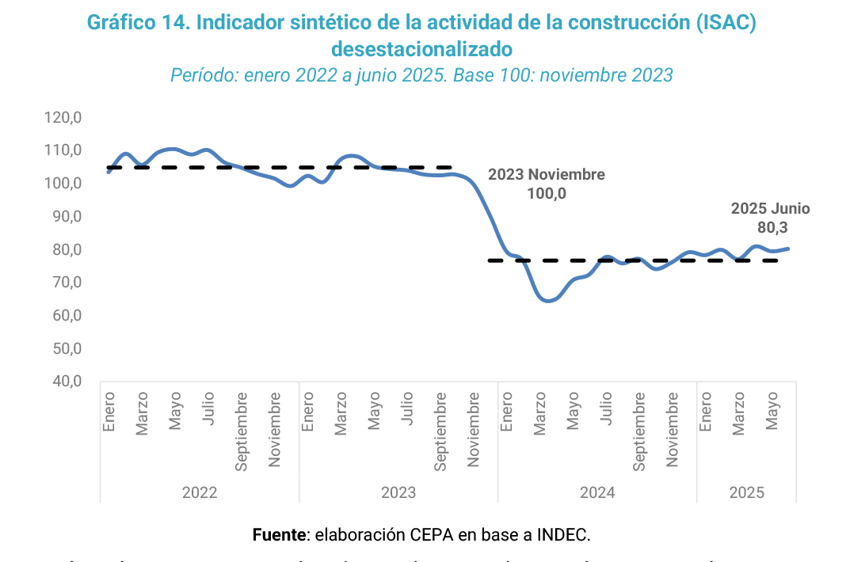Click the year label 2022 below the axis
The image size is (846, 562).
point(200,492)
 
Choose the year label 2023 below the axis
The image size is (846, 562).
point(398,492)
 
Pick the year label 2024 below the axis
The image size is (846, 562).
point(597,492)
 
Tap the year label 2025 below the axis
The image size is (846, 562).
point(746,492)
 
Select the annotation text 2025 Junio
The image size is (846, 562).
point(770,209)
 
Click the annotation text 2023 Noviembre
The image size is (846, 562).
point(546,175)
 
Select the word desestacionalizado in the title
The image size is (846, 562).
point(422,49)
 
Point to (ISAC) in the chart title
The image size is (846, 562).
point(726,22)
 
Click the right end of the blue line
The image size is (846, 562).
point(788,249)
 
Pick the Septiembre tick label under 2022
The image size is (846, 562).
point(242,432)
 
